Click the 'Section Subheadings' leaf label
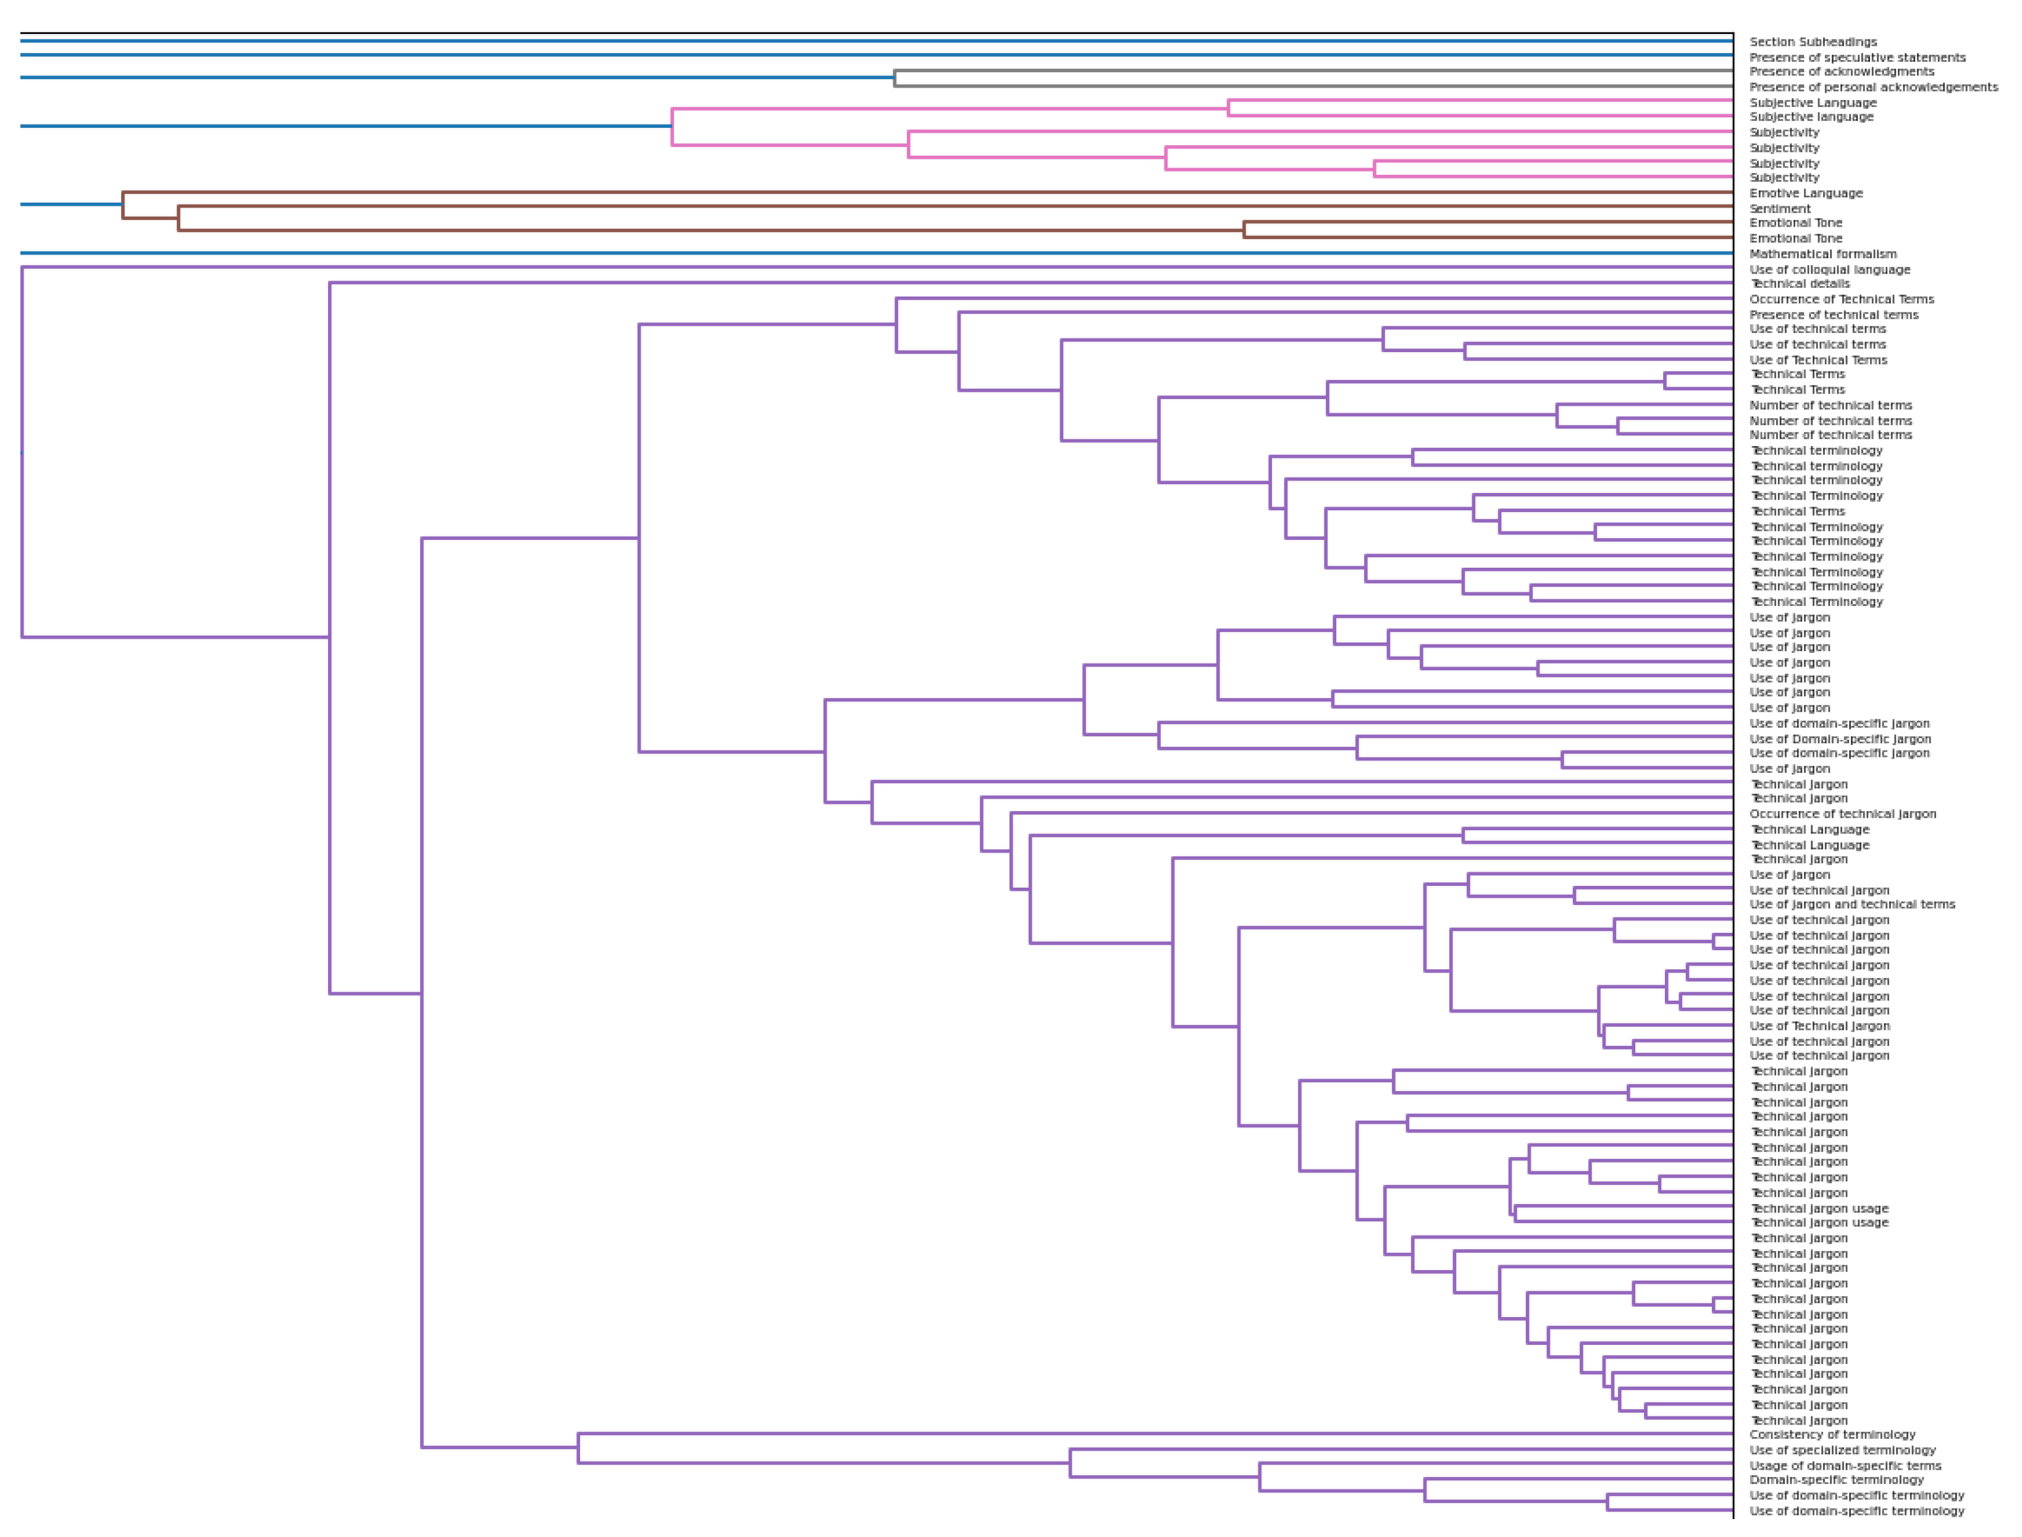click(x=1813, y=42)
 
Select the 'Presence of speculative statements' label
click(x=1857, y=57)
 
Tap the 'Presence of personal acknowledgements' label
click(x=1873, y=87)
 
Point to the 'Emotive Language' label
click(x=1806, y=193)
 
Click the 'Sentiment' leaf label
click(x=1780, y=209)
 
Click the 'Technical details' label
click(x=1799, y=284)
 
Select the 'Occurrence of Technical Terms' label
click(x=1842, y=299)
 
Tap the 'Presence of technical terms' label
click(x=1834, y=314)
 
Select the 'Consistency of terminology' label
click(x=1832, y=1434)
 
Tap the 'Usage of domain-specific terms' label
click(x=1845, y=1465)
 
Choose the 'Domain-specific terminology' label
click(x=1836, y=1480)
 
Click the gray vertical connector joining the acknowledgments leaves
click(x=895, y=78)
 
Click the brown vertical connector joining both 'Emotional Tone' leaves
click(x=1244, y=230)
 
